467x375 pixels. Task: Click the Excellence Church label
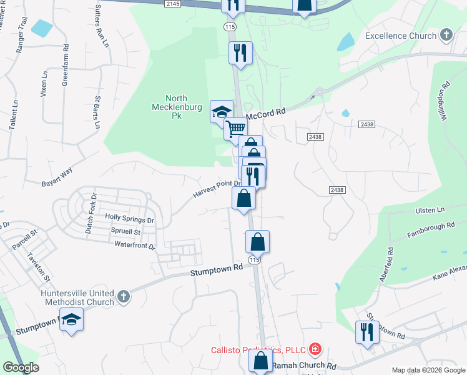click(x=401, y=36)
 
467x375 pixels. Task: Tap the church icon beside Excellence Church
click(x=446, y=35)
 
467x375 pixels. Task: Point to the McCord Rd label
click(x=265, y=114)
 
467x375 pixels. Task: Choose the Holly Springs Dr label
click(x=129, y=220)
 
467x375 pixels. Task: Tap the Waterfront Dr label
click(x=135, y=246)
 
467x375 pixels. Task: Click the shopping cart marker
click(x=235, y=129)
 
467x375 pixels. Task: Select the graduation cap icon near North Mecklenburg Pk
click(x=221, y=112)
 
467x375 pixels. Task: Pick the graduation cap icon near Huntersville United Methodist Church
click(x=72, y=321)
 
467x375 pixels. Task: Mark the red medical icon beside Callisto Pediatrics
click(x=316, y=348)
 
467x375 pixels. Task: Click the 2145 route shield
click(x=173, y=4)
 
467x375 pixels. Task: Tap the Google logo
click(x=21, y=367)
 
